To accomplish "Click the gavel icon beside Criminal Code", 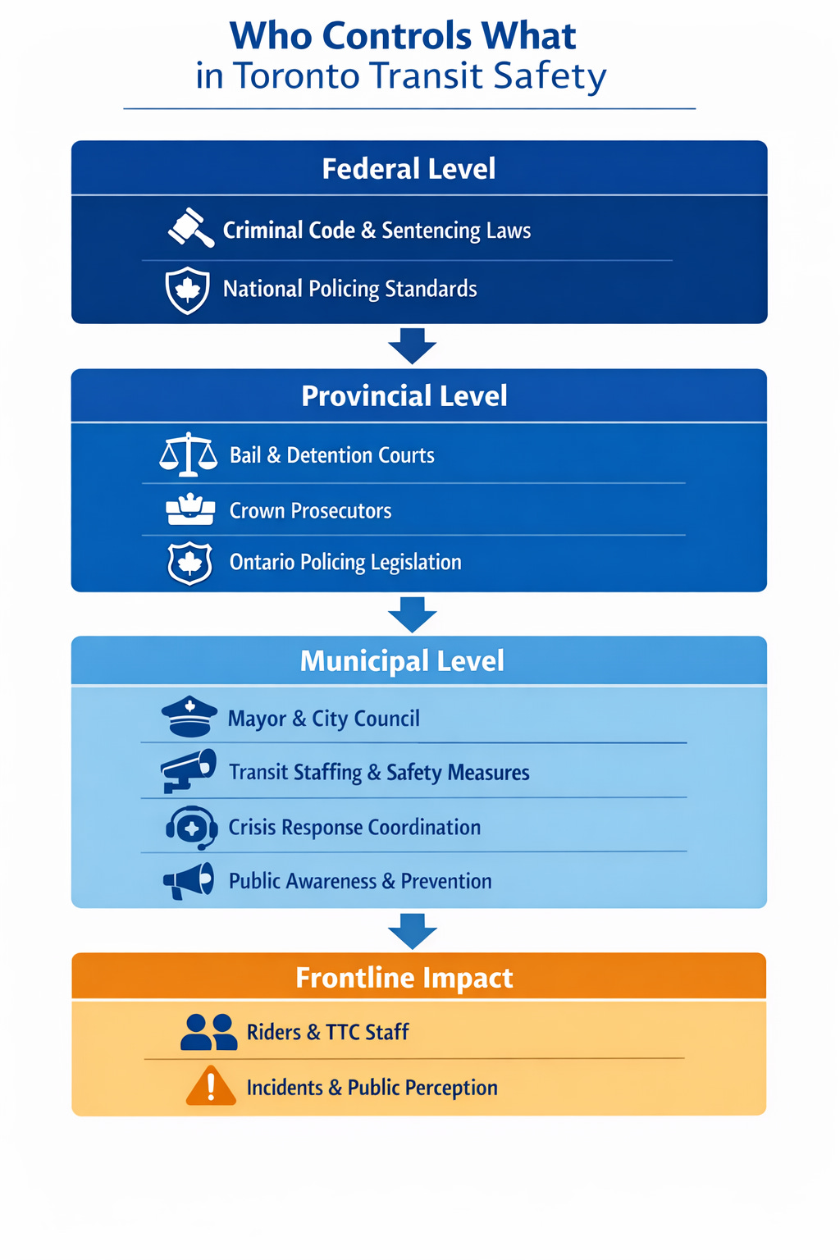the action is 191,227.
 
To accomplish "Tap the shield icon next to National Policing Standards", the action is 188,290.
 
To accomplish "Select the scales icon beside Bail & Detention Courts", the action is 189,454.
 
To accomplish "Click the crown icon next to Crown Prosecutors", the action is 190,509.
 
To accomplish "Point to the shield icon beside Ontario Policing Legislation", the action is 190,563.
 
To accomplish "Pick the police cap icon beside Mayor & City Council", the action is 189,716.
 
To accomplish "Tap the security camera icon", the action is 189,769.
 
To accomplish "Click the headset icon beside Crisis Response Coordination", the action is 191,827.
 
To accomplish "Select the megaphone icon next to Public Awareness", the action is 189,881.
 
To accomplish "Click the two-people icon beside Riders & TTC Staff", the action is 208,1032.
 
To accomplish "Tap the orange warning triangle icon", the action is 211,1086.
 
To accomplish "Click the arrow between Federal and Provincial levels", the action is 412,345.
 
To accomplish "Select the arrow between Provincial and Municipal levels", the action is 412,614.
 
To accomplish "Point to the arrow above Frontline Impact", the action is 412,930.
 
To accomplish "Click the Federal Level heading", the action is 409,169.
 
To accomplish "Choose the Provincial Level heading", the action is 404,396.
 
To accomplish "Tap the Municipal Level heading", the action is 402,661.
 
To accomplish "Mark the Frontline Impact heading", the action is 404,978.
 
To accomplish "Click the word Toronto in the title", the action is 297,76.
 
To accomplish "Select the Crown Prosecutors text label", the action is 310,511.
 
